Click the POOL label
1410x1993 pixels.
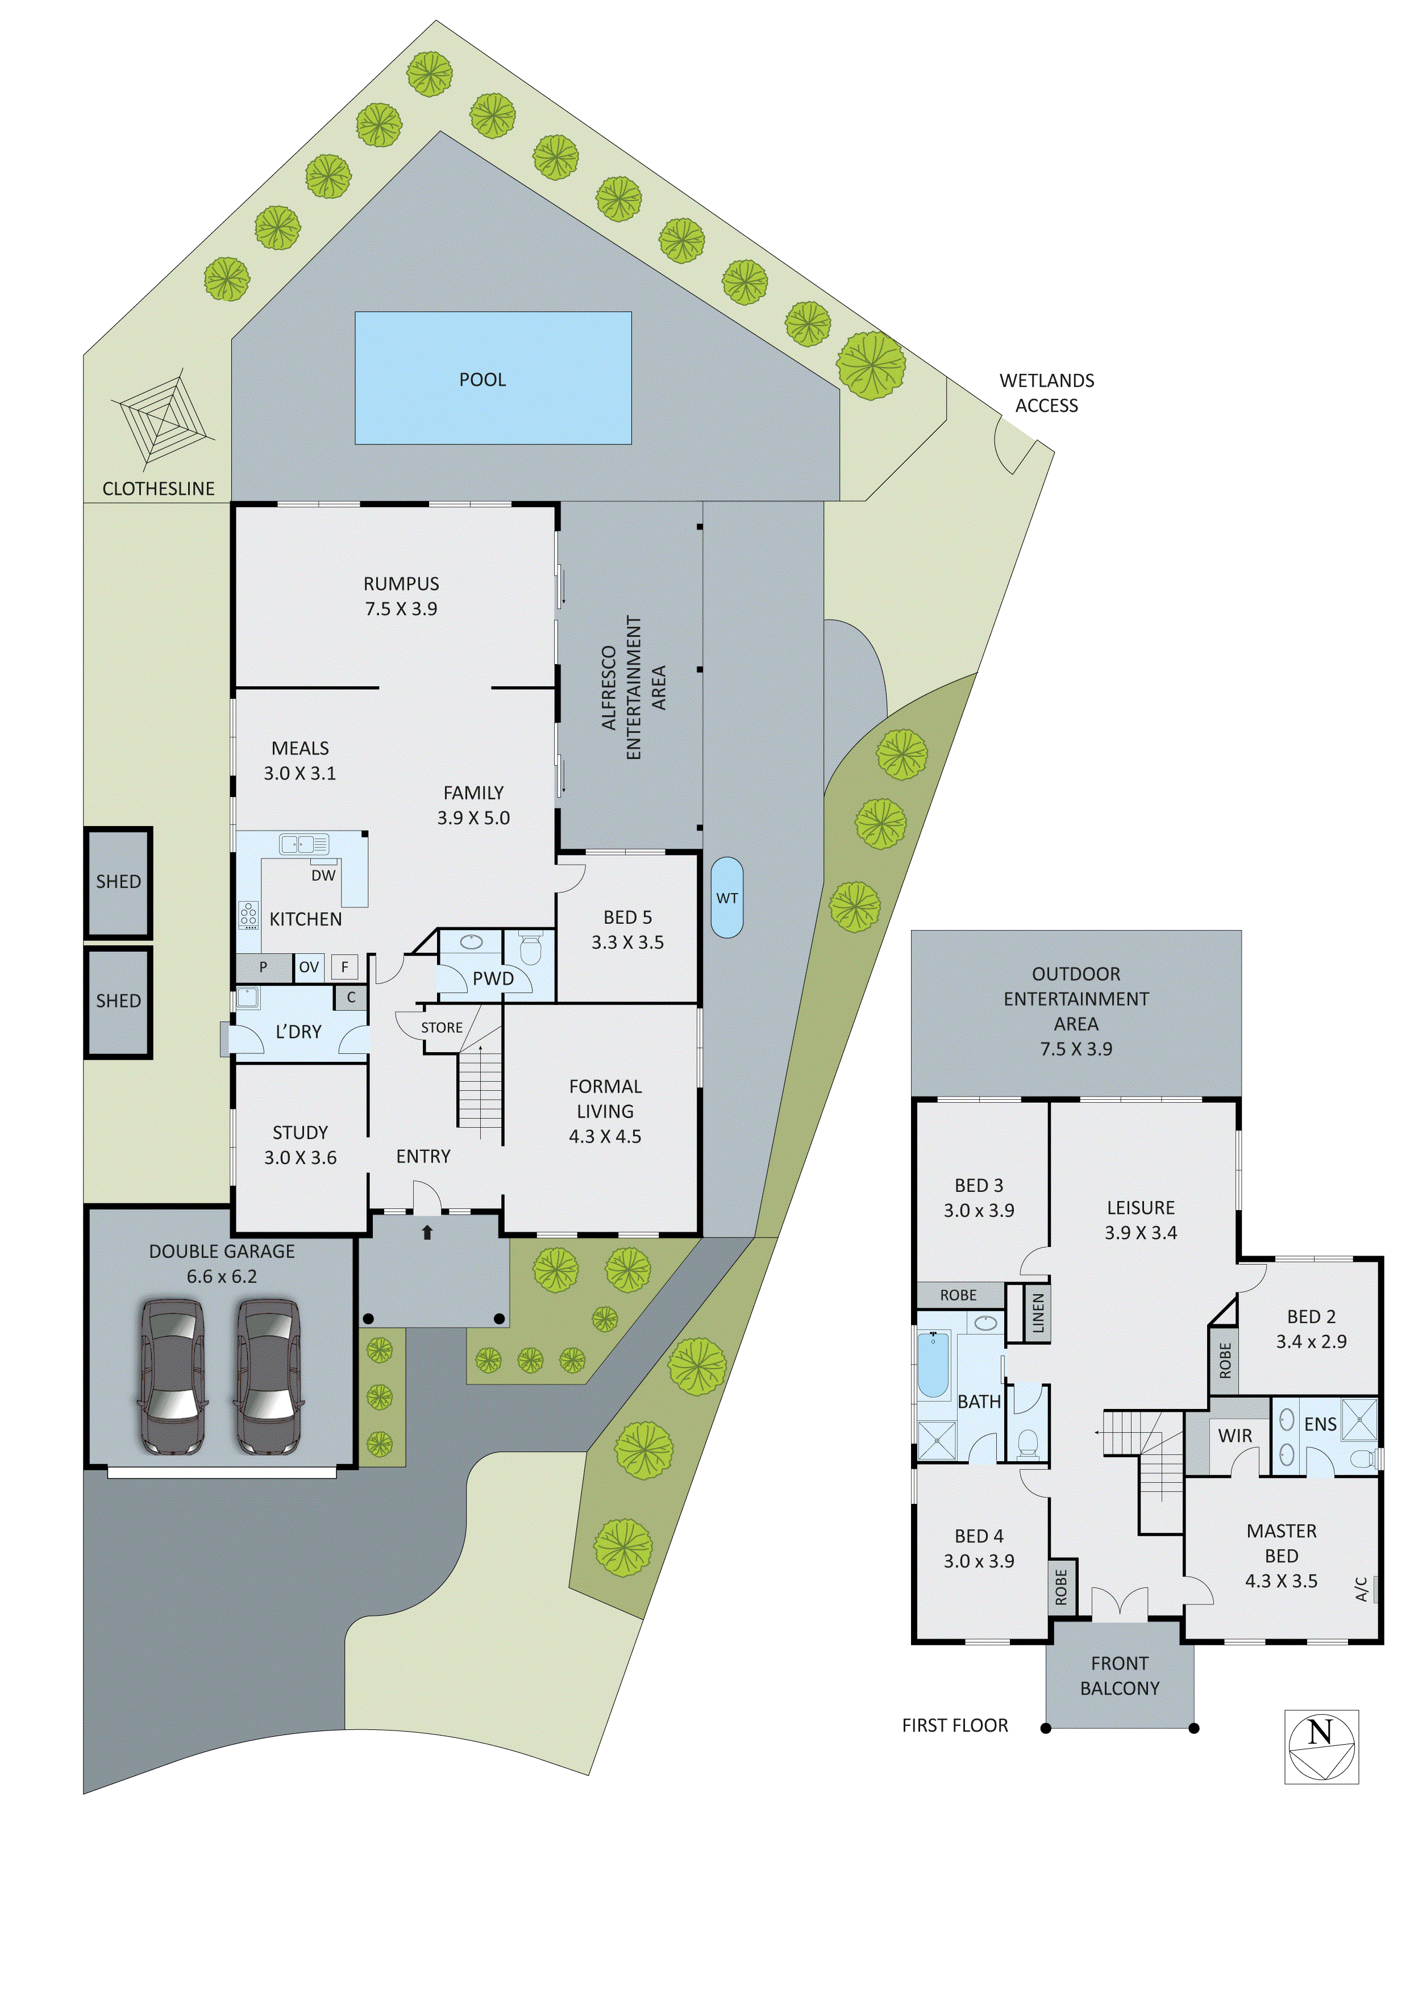pyautogui.click(x=482, y=380)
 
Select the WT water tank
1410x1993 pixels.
pyautogui.click(x=727, y=898)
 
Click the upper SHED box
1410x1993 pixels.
pyautogui.click(x=118, y=882)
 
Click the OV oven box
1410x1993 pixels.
pyautogui.click(x=309, y=967)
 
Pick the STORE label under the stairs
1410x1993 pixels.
pyautogui.click(x=442, y=1028)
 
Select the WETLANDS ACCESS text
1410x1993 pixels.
pyautogui.click(x=1046, y=393)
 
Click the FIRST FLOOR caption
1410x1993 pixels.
pyautogui.click(x=954, y=1725)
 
